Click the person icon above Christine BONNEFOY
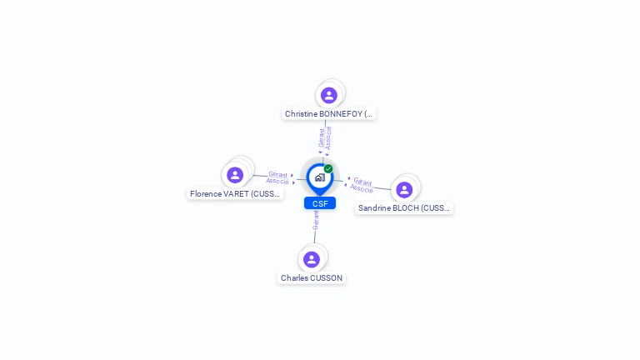(x=329, y=95)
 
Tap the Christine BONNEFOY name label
(x=329, y=114)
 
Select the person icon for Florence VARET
(x=235, y=175)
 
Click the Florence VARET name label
(x=235, y=194)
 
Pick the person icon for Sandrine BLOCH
(x=404, y=190)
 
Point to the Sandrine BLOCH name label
(x=404, y=208)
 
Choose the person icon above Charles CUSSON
(x=312, y=259)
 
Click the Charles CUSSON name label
(x=312, y=278)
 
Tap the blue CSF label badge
(x=320, y=203)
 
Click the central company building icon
(x=319, y=177)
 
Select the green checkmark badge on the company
(x=328, y=168)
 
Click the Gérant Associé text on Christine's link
(x=325, y=137)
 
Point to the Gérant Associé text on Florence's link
(x=277, y=177)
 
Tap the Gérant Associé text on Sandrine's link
(x=362, y=184)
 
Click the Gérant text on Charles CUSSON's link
(x=316, y=221)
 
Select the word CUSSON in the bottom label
(x=326, y=278)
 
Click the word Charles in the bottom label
(x=294, y=278)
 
